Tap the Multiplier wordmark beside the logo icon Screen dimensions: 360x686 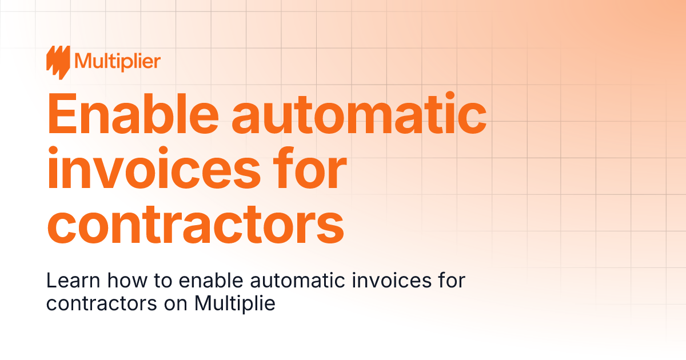point(117,61)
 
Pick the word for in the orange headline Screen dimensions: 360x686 point(312,169)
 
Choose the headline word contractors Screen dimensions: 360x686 point(195,224)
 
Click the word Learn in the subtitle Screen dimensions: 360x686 point(65,281)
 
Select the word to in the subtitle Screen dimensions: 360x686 point(142,281)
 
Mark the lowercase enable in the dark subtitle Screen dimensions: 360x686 point(188,281)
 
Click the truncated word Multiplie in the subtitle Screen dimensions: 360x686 point(234,303)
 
